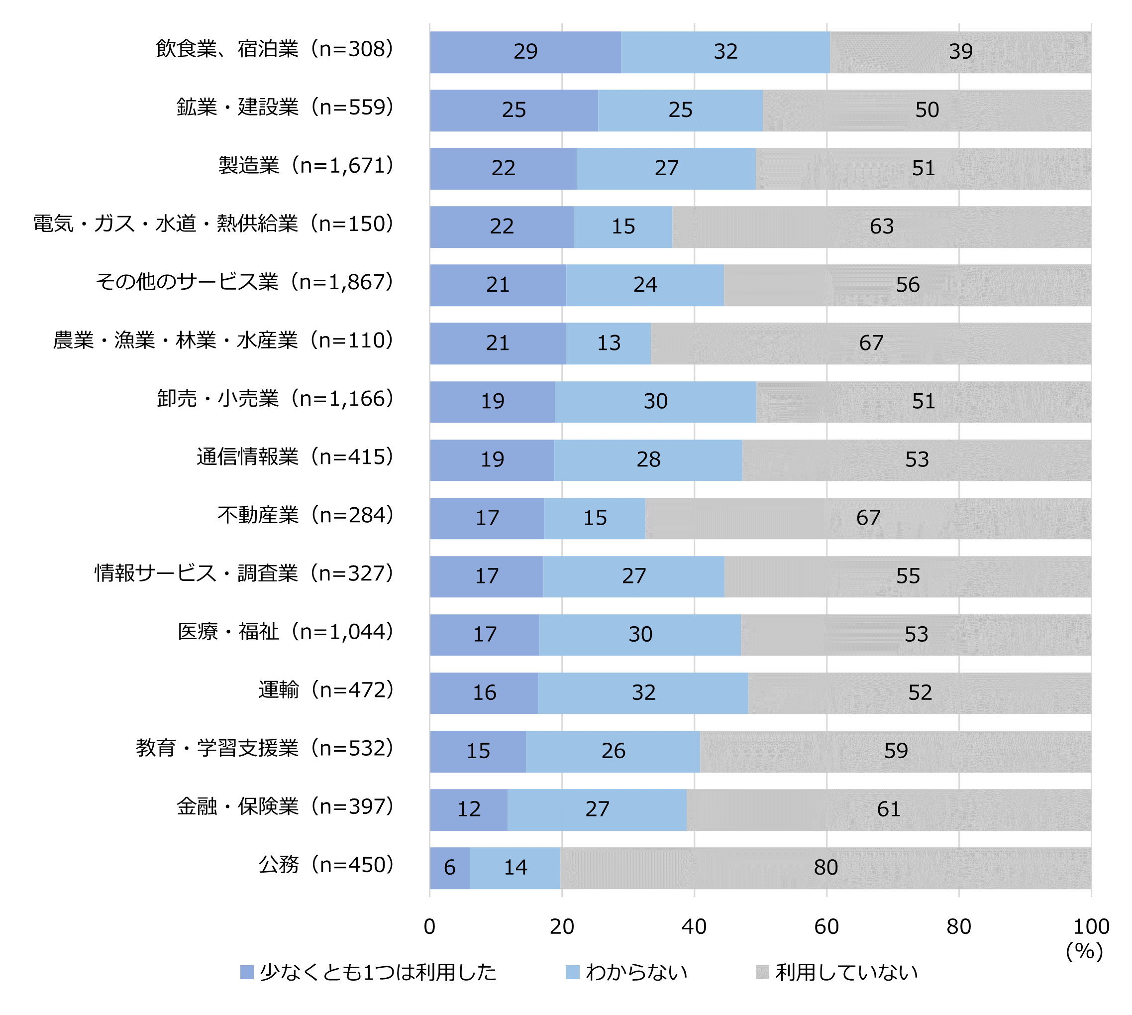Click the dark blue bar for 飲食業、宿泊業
[525, 52]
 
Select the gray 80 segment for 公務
[825, 868]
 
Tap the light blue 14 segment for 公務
[515, 868]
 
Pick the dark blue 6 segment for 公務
[449, 868]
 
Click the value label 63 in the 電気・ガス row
[881, 226]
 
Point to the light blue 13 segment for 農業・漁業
[608, 343]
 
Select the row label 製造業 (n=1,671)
[306, 166]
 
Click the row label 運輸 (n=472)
[326, 690]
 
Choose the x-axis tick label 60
[826, 927]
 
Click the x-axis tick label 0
[429, 927]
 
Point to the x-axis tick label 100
[1091, 927]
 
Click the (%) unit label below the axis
[1084, 951]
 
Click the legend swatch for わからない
[572, 973]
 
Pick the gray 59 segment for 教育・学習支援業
[895, 751]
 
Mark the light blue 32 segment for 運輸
[643, 692]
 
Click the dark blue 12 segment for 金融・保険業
[468, 809]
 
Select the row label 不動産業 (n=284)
[306, 515]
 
